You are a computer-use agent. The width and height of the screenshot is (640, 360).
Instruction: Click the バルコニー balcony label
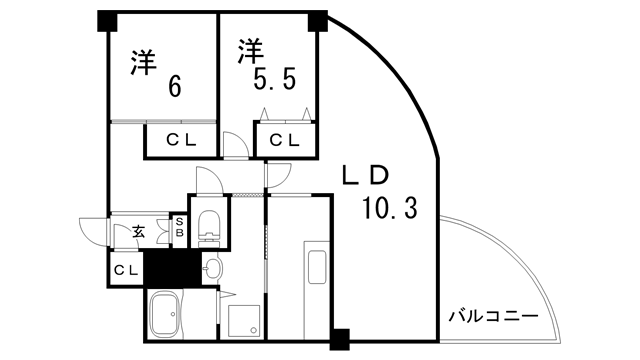[492, 317]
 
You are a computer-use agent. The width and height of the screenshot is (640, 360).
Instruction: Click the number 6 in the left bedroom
[176, 87]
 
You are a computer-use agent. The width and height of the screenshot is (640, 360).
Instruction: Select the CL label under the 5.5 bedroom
[285, 140]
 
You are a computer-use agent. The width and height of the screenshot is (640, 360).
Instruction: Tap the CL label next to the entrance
[125, 270]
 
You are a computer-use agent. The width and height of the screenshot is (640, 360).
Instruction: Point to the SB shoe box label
[179, 228]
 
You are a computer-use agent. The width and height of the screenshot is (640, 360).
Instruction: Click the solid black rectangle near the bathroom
[168, 268]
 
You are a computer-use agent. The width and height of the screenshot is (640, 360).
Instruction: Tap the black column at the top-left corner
[106, 20]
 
